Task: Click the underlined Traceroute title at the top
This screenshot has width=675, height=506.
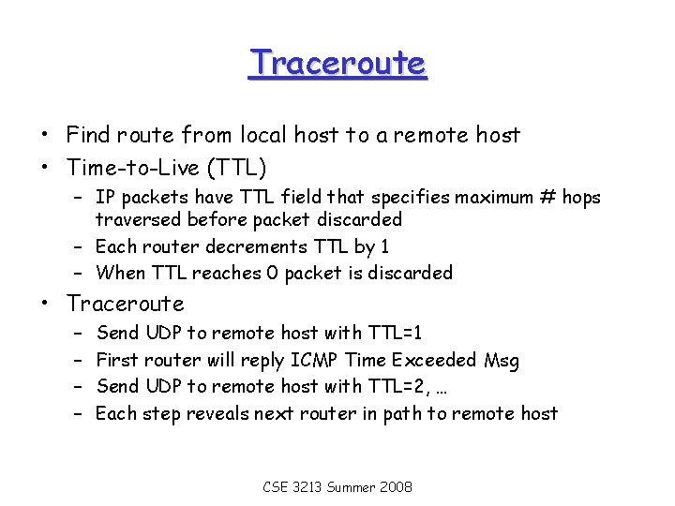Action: pos(337,64)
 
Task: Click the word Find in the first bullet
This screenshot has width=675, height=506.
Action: pos(89,135)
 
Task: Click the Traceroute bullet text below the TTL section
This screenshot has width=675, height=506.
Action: pos(126,304)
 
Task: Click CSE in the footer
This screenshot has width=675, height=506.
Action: pos(276,487)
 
